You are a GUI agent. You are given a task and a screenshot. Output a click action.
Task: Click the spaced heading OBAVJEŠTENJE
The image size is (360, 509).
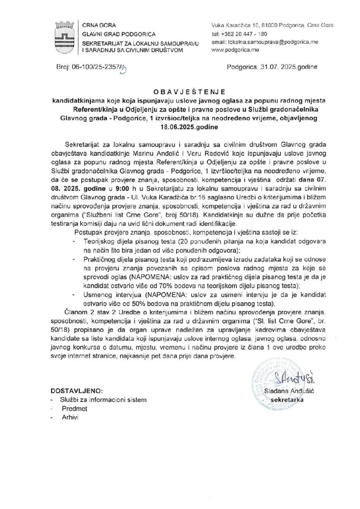coord(180,93)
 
